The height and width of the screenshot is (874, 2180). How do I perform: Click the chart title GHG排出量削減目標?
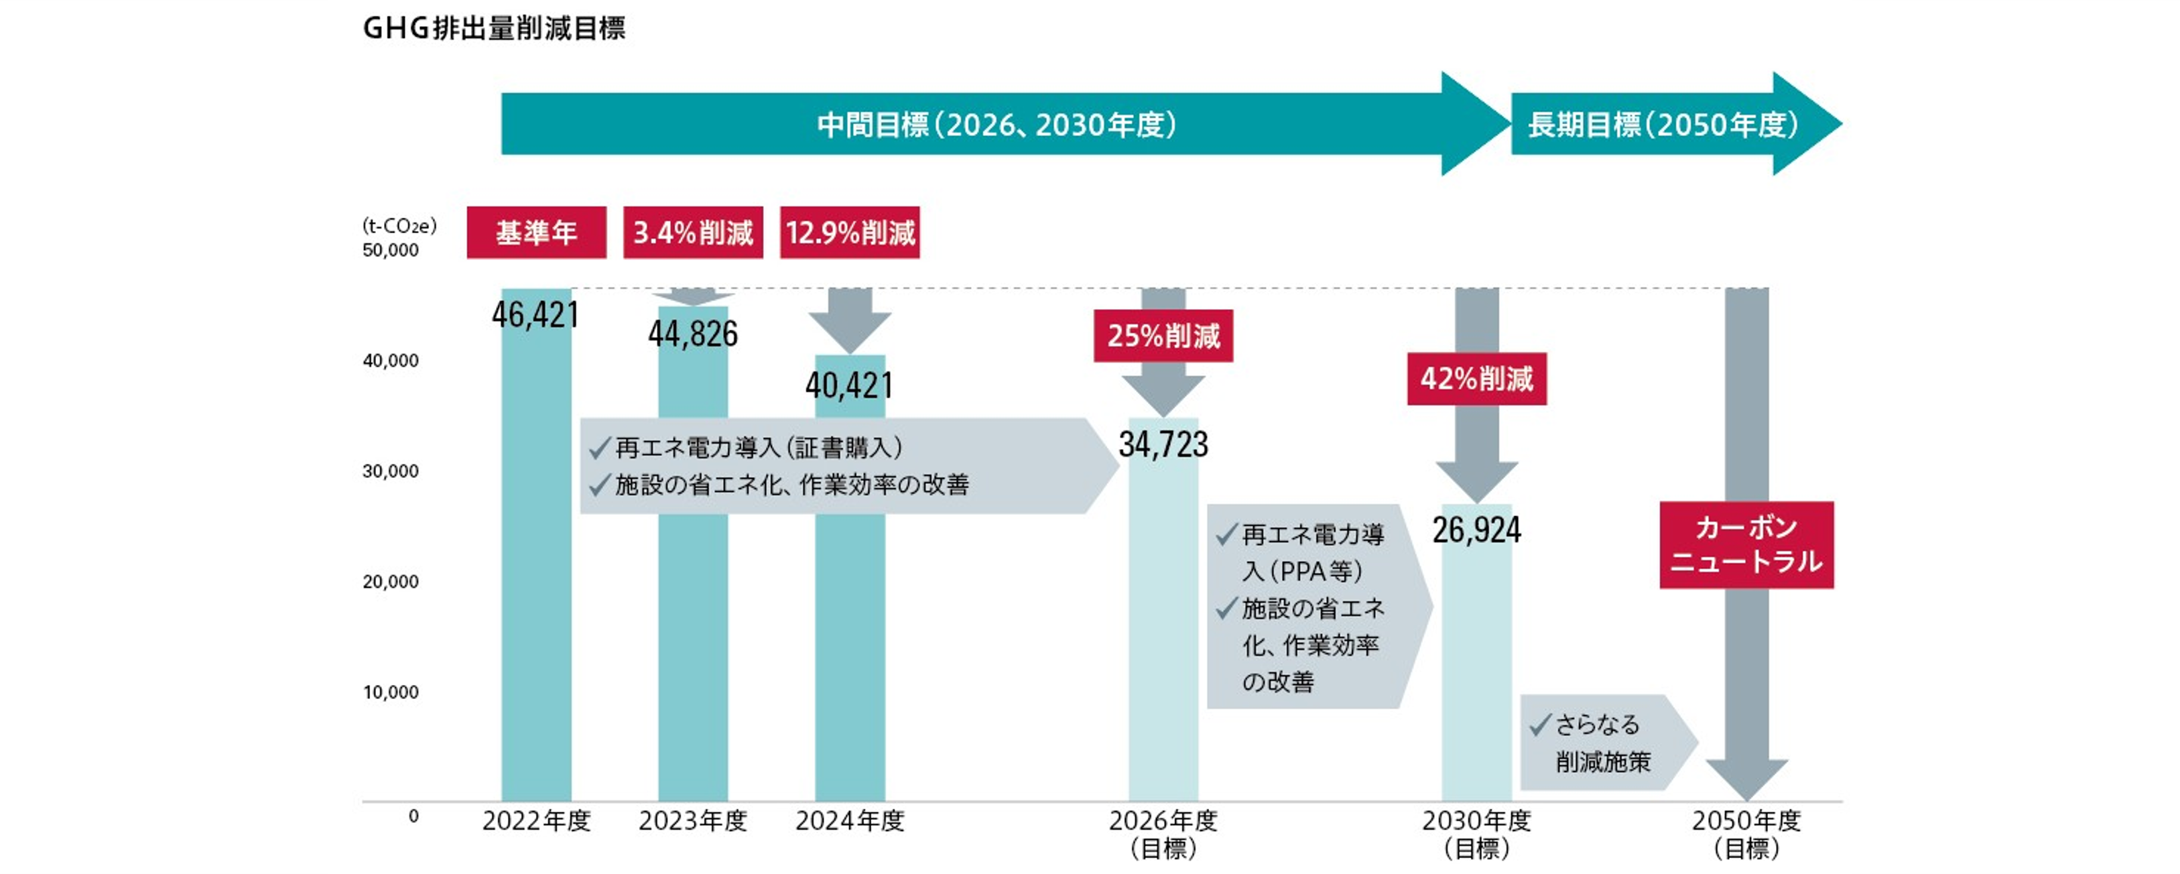[x=493, y=29]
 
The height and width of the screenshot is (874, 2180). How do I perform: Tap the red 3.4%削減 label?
[x=692, y=233]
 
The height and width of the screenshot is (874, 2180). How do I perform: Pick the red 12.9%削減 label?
[x=850, y=233]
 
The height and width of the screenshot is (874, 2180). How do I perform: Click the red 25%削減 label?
[x=1163, y=336]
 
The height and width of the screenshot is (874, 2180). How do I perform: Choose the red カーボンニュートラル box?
[x=1746, y=545]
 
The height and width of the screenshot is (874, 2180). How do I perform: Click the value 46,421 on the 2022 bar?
[x=535, y=315]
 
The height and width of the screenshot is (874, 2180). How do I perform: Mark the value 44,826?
[x=692, y=334]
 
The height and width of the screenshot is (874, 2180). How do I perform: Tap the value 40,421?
[x=850, y=386]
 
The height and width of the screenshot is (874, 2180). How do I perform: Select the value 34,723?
[x=1163, y=445]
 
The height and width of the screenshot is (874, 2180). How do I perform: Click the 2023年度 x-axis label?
[x=692, y=820]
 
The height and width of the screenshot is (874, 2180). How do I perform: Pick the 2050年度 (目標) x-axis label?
[x=1746, y=833]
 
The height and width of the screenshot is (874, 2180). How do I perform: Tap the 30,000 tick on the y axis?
[x=390, y=471]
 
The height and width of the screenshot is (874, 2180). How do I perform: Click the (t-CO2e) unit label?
[x=399, y=226]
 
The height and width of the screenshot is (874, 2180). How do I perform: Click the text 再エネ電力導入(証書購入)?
[x=758, y=448]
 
